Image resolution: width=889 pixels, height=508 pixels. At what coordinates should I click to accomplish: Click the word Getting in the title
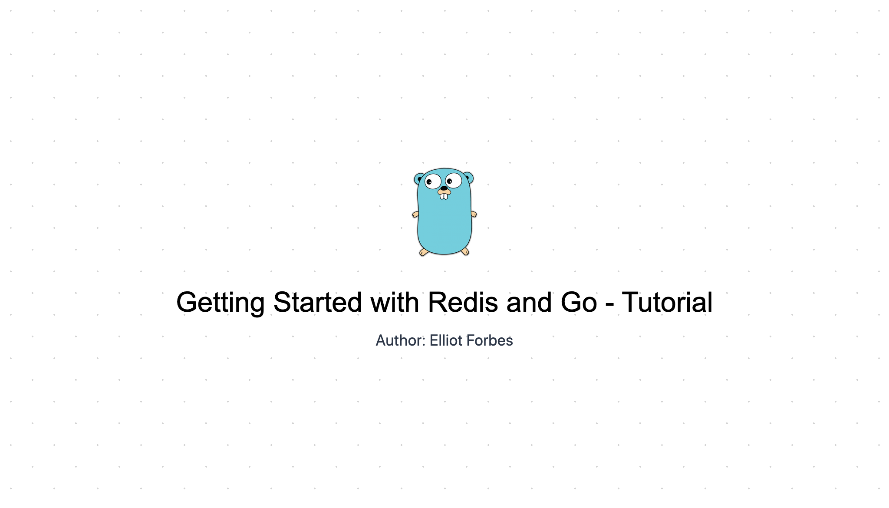point(220,303)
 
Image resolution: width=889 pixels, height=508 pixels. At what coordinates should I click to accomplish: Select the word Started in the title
point(318,302)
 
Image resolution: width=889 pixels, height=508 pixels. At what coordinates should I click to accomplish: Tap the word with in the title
point(395,302)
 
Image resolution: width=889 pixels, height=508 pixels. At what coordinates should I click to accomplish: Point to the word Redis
point(463,302)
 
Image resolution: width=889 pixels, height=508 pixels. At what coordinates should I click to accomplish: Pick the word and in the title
point(529,302)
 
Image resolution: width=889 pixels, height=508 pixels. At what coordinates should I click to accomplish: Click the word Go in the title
point(579,302)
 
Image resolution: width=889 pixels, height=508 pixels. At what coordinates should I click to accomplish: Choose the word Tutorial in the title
point(667,302)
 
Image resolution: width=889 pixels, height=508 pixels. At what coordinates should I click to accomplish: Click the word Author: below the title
point(400,340)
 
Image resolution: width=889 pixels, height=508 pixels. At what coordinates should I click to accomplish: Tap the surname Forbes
point(490,340)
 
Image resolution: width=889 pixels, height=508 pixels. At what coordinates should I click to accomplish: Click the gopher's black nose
point(444,188)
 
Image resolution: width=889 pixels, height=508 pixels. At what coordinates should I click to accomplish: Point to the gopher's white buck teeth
point(444,196)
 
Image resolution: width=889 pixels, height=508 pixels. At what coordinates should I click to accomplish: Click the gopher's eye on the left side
point(433,181)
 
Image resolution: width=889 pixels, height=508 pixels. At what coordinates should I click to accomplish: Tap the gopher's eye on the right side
point(454,180)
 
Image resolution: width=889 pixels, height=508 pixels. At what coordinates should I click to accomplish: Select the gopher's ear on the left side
point(419,178)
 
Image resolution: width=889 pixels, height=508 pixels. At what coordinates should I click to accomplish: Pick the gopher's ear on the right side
point(468,177)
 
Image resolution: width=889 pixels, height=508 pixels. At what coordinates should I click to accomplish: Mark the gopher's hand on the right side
point(474,214)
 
